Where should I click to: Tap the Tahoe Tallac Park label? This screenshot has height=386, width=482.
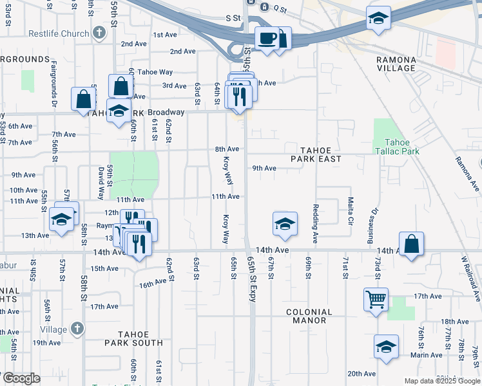[401, 147]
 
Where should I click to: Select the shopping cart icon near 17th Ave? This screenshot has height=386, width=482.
[376, 298]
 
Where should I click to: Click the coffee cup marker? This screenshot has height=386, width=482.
[266, 37]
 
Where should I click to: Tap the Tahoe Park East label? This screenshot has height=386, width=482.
[315, 153]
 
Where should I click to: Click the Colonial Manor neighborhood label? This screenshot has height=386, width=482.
[309, 316]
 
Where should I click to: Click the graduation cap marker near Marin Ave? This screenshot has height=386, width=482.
[386, 346]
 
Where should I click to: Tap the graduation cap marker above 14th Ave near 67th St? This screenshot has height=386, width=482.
[285, 224]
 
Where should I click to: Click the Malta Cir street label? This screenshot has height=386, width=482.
[351, 211]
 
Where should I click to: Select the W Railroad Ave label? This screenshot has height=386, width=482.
[471, 278]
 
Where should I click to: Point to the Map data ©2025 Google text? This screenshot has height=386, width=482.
[442, 381]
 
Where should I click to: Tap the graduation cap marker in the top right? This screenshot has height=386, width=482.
[378, 18]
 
